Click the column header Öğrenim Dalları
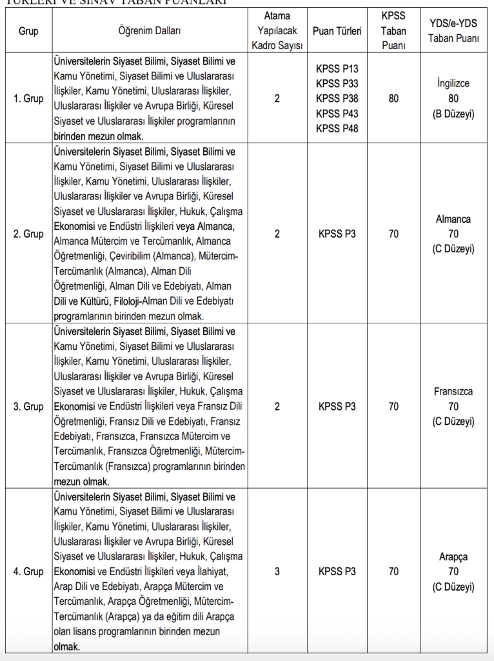(150, 31)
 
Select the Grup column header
(28, 31)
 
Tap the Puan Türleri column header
(337, 31)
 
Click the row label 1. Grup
(28, 99)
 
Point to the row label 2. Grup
(28, 234)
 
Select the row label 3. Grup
(28, 407)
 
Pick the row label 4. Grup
(28, 571)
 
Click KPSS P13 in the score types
(337, 69)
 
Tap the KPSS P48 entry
(337, 128)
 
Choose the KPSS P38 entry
(337, 99)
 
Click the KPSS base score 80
(393, 99)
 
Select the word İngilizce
(453, 84)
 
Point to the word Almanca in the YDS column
(453, 219)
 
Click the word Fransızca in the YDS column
(453, 392)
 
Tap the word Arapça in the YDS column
(453, 556)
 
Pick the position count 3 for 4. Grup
(277, 571)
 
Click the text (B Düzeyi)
(453, 114)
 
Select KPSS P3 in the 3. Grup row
(337, 407)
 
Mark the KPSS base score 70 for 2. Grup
(393, 234)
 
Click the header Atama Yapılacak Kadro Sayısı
(277, 31)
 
